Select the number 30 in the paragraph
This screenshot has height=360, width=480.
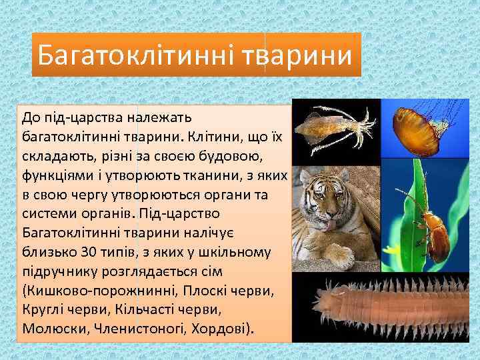coord(89,253)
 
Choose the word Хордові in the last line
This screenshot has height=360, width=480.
coord(221,329)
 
